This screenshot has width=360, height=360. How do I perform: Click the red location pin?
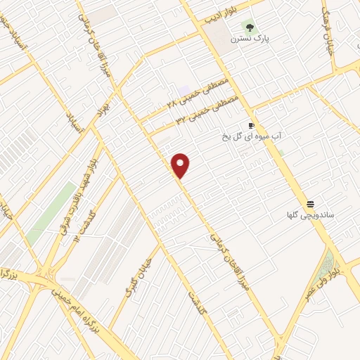point(181,166)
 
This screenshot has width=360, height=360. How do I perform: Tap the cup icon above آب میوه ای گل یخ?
point(251,124)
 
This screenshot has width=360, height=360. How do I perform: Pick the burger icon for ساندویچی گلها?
point(309,202)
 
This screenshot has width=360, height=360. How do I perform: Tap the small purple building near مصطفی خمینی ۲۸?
point(184,91)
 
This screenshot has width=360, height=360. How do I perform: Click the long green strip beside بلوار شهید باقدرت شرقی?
point(53,207)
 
